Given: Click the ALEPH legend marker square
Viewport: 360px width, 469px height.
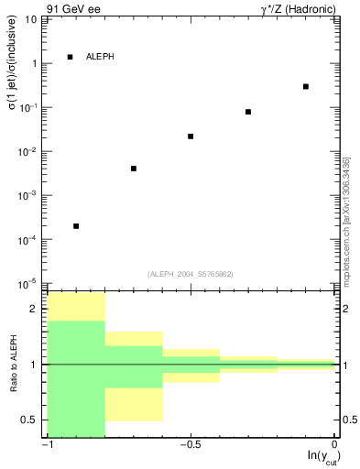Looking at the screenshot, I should [70, 57].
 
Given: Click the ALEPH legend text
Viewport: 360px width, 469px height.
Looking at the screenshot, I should [100, 57].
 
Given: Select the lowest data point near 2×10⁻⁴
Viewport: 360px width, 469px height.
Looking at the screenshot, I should [76, 225].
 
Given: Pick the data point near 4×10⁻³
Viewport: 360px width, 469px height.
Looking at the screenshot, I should [134, 169].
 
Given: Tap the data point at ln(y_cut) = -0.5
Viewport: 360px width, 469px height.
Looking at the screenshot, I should [191, 136].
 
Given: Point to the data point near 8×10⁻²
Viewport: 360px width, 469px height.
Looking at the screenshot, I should [248, 112].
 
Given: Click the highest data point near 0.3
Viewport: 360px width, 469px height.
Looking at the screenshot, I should [306, 86].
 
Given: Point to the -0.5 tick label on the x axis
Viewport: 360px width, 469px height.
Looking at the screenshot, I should [191, 445].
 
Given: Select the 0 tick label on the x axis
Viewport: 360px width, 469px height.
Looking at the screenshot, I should [335, 445].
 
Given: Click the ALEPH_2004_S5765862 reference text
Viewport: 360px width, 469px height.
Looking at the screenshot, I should [191, 274].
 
